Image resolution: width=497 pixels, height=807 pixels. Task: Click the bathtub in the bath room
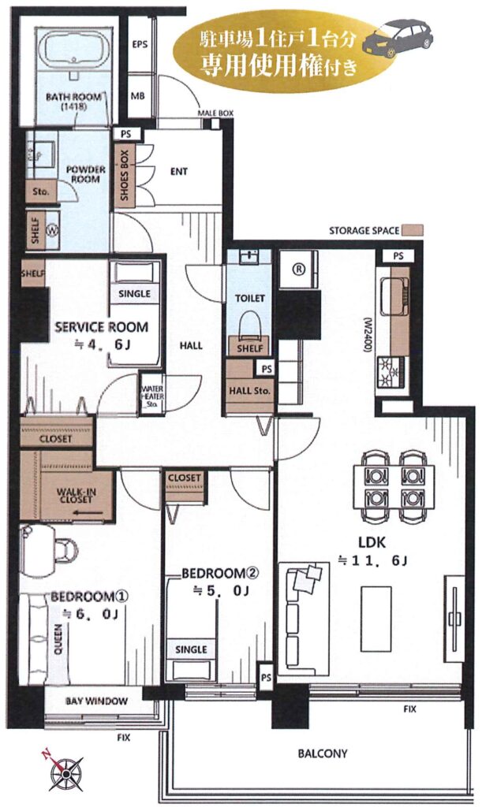[75, 51]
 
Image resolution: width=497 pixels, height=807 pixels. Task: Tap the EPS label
[140, 44]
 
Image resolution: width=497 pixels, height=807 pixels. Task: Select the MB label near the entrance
[137, 95]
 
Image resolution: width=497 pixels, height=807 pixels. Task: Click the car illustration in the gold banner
[398, 38]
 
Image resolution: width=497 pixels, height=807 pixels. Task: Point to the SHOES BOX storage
[125, 175]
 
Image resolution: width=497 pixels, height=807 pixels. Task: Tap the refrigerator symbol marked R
[299, 269]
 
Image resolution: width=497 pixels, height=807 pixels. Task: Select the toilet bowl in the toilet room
[250, 323]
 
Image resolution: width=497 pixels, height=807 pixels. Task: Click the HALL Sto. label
[250, 391]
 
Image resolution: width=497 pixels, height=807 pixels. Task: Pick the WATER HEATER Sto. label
[152, 396]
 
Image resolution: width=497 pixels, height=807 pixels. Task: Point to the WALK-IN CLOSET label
[77, 496]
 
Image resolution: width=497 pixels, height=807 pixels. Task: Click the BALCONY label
[323, 754]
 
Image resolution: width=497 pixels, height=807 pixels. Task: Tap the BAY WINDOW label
[96, 701]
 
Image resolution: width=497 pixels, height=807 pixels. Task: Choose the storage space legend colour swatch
[413, 229]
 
